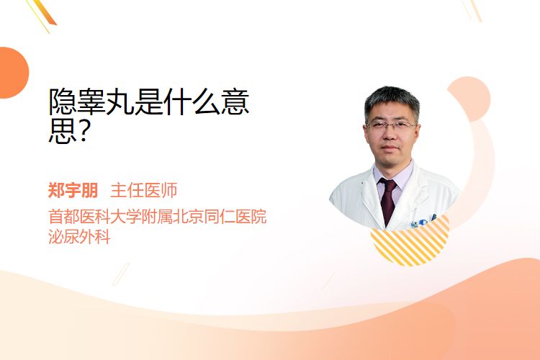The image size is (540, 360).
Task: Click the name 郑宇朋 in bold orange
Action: [x=73, y=191]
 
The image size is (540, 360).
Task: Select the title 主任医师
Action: [x=143, y=191]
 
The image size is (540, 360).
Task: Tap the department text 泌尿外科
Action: [x=79, y=237]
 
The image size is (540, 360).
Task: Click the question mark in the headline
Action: [x=82, y=132]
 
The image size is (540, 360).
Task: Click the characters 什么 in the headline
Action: [x=192, y=102]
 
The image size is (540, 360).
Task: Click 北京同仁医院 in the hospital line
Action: [x=220, y=216]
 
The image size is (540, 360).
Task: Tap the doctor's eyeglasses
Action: [x=390, y=125]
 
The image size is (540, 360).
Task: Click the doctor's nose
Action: [x=390, y=135]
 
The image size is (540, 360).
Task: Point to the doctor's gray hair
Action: [x=392, y=100]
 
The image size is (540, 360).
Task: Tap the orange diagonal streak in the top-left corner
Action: [x=44, y=13]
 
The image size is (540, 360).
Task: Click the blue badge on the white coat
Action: [x=423, y=222]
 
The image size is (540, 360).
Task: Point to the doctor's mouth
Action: [x=390, y=148]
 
